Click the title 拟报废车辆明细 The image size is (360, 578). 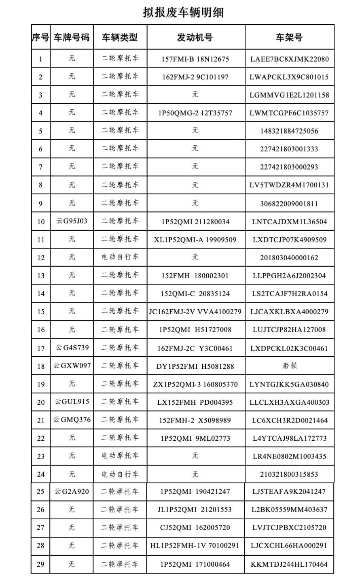(x=183, y=13)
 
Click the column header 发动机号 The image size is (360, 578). (x=195, y=38)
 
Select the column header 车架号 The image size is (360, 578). (x=289, y=38)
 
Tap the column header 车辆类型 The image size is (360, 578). (x=120, y=38)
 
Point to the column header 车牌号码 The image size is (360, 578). (x=72, y=38)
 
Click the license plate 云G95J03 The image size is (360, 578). (x=72, y=221)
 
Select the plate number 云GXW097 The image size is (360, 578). (x=72, y=366)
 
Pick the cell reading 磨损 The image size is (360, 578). (x=289, y=366)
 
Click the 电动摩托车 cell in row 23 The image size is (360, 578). (x=120, y=456)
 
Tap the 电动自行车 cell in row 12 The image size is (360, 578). (x=120, y=257)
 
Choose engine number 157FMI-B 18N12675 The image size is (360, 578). (x=195, y=59)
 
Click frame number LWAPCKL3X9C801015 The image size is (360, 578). (x=289, y=77)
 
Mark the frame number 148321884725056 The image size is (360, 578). (x=289, y=131)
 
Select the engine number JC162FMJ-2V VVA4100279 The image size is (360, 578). (x=195, y=312)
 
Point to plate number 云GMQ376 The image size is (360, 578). (x=72, y=420)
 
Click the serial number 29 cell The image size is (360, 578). (x=40, y=564)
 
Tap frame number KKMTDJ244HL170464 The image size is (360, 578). (x=289, y=564)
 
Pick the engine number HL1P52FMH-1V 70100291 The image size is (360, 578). (x=195, y=546)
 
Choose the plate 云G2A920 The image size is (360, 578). (x=72, y=492)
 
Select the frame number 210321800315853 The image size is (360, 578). (x=289, y=474)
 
